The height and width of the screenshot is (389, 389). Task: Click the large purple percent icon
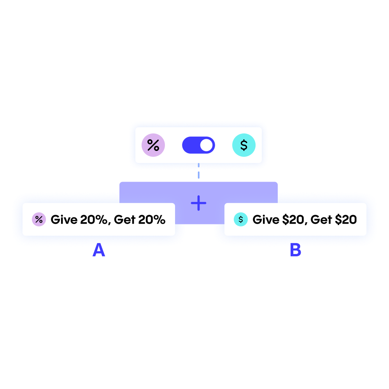[153, 145]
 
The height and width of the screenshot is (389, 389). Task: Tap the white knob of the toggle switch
[207, 145]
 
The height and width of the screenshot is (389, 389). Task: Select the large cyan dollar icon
[244, 145]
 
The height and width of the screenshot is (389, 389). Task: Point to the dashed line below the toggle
[198, 171]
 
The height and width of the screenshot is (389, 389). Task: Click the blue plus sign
[198, 203]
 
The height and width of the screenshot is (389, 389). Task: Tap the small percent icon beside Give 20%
[39, 219]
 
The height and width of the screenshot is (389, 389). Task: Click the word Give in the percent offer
[64, 220]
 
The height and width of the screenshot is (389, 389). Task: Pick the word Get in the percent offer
[124, 220]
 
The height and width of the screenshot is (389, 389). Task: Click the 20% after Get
[152, 220]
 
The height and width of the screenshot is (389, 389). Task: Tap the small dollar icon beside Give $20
[240, 219]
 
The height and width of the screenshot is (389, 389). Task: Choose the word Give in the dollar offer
[266, 220]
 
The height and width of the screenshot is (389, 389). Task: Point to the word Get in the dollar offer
[321, 220]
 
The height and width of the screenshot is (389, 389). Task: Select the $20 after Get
[346, 220]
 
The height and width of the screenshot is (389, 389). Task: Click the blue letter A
[99, 250]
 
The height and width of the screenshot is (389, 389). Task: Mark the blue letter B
[295, 251]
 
